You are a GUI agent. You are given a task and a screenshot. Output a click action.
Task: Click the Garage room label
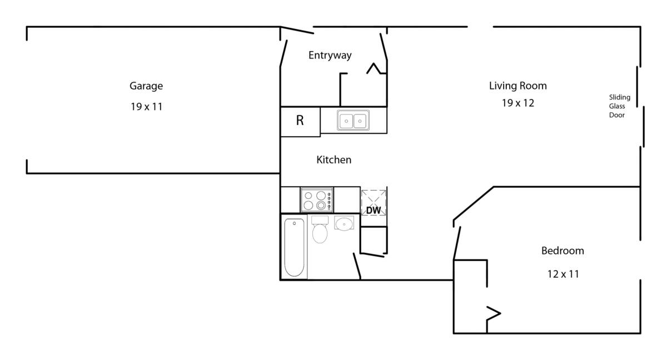[146, 86]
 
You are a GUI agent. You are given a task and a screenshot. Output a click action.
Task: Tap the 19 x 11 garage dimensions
[147, 107]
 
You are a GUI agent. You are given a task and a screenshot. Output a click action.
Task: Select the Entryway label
[330, 56]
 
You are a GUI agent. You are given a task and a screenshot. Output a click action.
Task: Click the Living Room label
[518, 86]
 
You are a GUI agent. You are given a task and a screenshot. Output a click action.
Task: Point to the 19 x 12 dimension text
[518, 103]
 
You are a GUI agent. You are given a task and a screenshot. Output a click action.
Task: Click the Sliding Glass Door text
[619, 106]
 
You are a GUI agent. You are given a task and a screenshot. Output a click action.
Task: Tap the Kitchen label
[334, 160]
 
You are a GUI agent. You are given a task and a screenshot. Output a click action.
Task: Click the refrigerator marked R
[300, 121]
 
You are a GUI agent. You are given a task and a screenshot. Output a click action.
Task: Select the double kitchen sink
[353, 120]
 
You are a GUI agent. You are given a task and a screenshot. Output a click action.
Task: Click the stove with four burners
[317, 199]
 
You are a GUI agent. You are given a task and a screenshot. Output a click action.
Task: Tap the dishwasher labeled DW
[374, 203]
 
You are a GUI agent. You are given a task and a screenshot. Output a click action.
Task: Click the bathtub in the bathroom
[294, 247]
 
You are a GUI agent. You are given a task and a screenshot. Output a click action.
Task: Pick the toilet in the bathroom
[320, 229]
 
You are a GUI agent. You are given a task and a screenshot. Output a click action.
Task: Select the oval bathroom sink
[344, 223]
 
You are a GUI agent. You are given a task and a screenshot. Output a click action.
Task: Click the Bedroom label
[563, 251]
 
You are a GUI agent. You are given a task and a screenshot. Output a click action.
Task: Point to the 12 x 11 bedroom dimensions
[563, 274]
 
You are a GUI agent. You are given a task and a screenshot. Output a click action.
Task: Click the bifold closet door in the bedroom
[494, 313]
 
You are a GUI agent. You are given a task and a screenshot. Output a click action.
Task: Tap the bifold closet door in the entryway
[376, 68]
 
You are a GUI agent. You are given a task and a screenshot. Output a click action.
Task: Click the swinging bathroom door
[357, 266]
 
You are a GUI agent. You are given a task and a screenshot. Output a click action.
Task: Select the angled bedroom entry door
[457, 243]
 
